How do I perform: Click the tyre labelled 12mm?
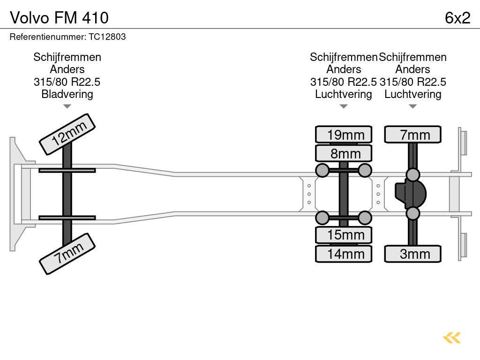67,134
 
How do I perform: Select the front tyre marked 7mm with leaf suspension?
67,254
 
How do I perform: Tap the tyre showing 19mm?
344,135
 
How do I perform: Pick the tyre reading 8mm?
344,153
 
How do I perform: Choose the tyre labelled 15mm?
344,235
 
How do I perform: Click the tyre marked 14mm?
344,254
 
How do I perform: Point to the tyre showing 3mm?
412,254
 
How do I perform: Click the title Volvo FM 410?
59,18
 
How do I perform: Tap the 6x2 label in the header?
457,18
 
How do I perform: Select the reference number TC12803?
108,37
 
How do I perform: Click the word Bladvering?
67,94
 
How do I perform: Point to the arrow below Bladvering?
67,106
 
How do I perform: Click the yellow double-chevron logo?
451,337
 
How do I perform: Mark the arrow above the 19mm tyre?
344,106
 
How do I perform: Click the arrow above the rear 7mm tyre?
412,106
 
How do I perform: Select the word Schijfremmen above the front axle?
67,57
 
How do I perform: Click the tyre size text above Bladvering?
67,82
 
